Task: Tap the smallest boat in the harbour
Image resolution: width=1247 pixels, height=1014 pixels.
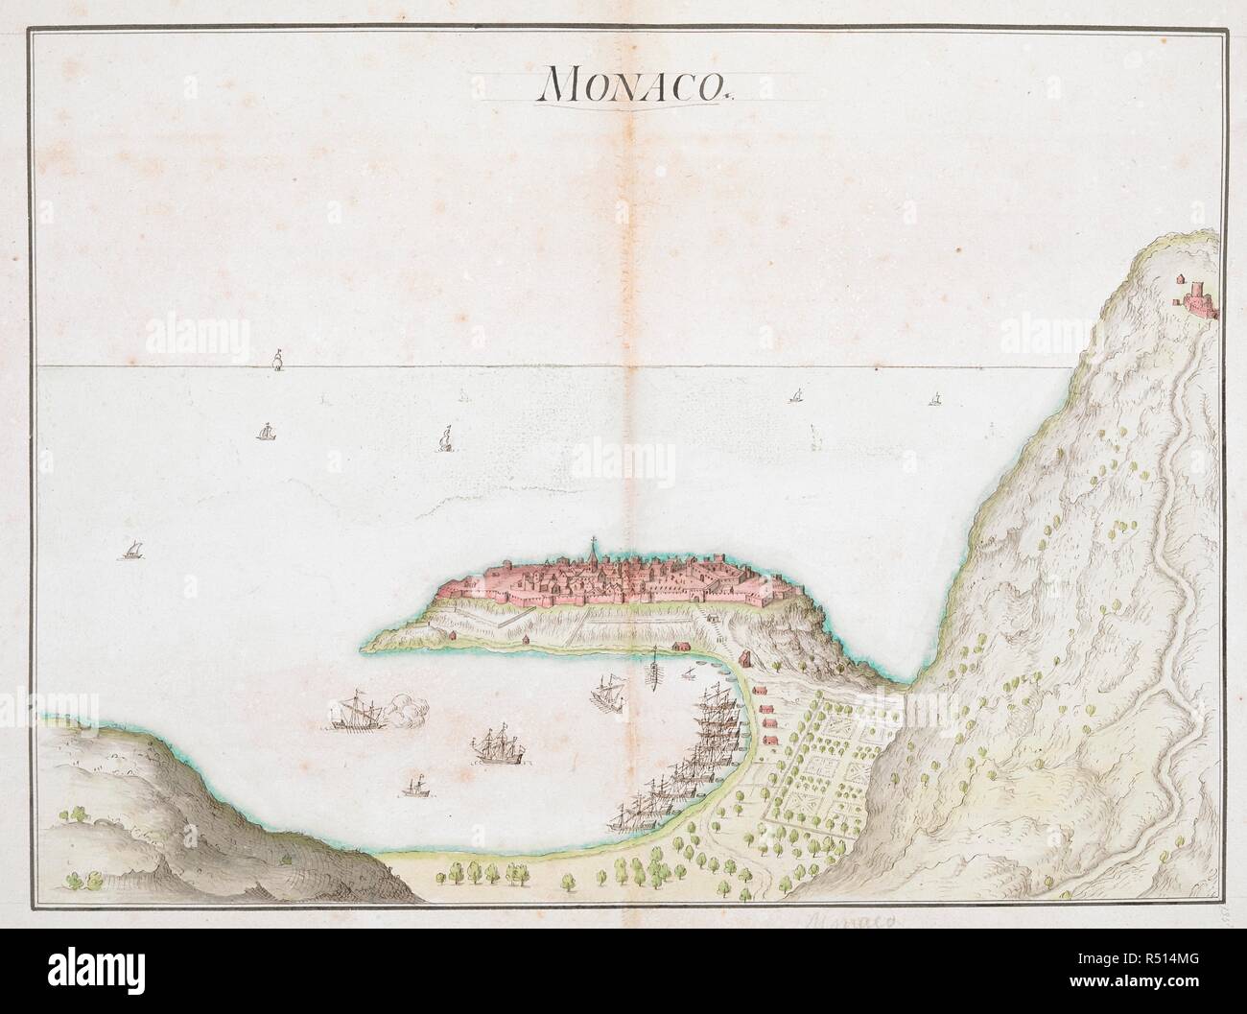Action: pos(414,787)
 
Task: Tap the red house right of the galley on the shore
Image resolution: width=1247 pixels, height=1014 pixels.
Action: pos(682,647)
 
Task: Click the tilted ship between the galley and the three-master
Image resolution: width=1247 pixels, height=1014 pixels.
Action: pos(606,691)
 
